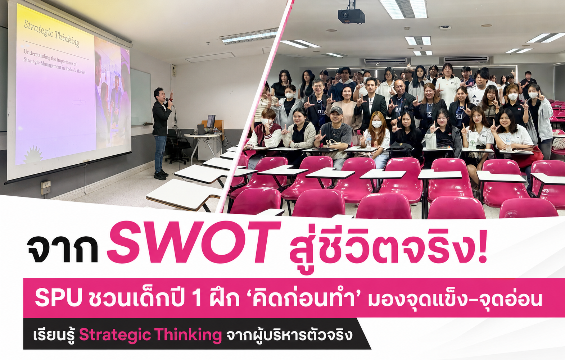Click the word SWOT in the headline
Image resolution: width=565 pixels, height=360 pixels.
point(194,242)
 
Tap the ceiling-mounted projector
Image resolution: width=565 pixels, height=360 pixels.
point(351,15)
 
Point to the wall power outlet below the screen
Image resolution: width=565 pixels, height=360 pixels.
point(46,187)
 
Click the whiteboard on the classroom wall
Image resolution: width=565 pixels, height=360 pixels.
point(140,97)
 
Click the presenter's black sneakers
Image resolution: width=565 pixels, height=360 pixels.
point(161,174)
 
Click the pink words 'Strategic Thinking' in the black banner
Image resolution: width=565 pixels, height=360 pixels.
point(150,335)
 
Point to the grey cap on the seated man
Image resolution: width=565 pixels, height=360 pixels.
point(336,110)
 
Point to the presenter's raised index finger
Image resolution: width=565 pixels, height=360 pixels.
point(172,93)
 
